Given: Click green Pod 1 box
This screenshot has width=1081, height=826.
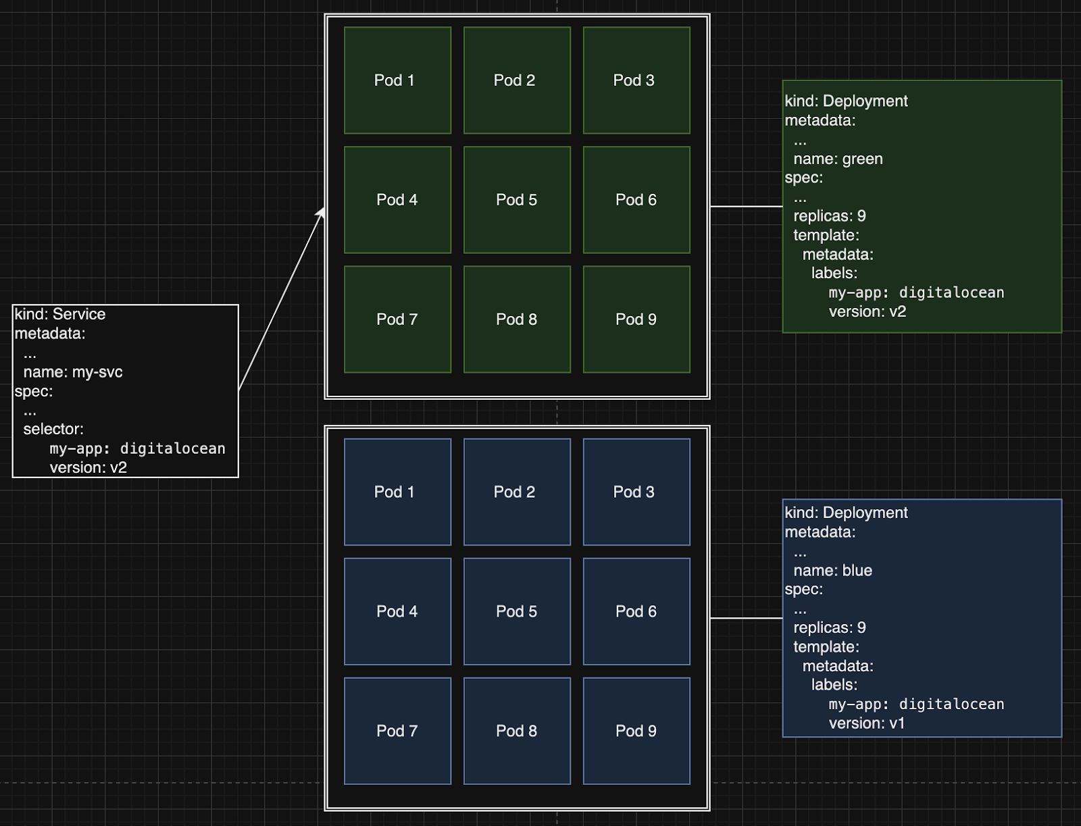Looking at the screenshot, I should tap(397, 80).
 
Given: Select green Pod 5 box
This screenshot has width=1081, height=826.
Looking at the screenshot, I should tap(517, 200).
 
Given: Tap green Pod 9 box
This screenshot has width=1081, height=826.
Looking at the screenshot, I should tap(636, 319).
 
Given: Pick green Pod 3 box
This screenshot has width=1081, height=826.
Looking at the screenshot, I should tap(636, 80).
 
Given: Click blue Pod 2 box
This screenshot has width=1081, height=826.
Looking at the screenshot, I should tap(517, 492).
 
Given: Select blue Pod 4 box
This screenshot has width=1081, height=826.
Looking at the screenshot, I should tap(397, 611).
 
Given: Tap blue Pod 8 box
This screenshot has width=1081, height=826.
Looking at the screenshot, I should tap(517, 731).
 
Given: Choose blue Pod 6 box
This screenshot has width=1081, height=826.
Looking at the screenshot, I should tap(636, 611).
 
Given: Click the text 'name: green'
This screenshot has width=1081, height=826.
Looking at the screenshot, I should tap(838, 159).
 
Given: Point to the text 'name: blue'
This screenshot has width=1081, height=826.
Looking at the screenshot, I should tap(832, 571).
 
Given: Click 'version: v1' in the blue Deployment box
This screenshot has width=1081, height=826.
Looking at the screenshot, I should tap(867, 723).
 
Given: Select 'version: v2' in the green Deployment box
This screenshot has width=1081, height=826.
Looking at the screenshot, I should tap(868, 311).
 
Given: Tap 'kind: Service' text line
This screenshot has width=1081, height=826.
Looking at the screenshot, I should tap(60, 314).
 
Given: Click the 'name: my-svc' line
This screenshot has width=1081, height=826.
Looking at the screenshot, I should tap(73, 372).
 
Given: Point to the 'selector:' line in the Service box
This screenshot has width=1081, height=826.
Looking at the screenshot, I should tap(53, 429).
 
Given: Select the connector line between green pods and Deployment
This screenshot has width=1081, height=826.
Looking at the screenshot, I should tap(746, 207).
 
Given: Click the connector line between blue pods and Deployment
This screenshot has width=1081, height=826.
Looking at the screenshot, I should tap(746, 618).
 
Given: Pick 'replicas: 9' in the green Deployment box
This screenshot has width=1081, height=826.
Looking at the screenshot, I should tap(829, 216).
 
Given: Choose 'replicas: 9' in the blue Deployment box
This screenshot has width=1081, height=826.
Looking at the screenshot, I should tap(829, 627).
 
